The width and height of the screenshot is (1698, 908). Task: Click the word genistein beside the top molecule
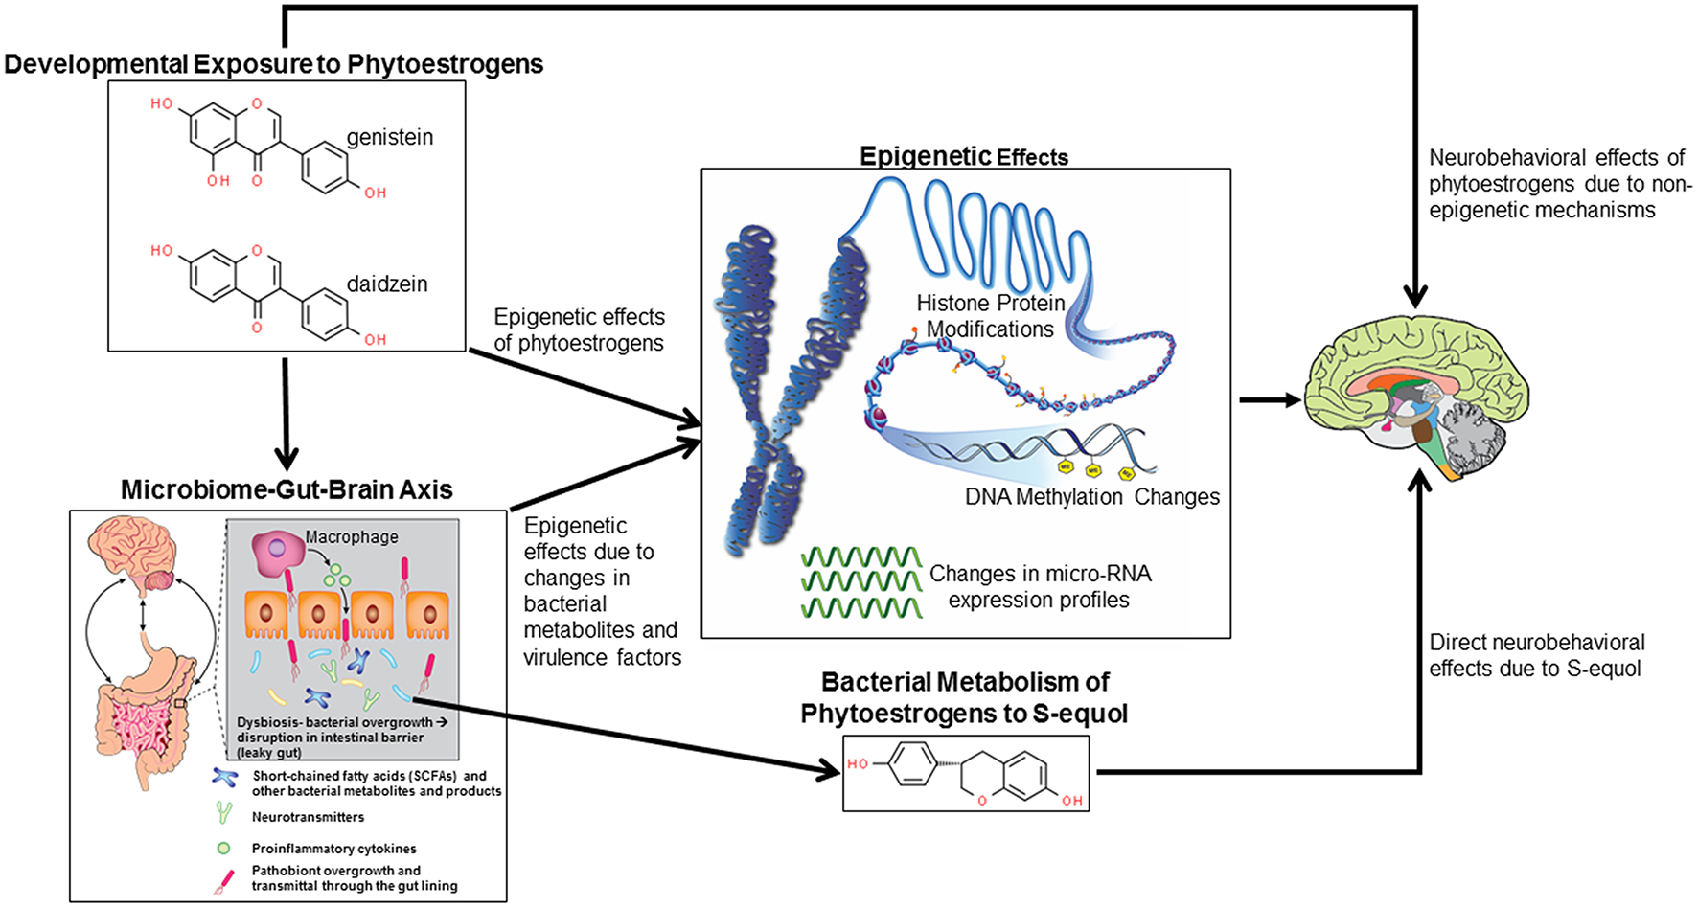389,137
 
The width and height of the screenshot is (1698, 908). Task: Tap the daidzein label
386,284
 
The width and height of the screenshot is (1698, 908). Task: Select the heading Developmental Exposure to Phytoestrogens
273,64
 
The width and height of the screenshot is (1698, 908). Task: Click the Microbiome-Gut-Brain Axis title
287,489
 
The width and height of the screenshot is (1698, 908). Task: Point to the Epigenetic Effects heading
963,156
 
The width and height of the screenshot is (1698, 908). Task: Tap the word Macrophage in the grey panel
352,537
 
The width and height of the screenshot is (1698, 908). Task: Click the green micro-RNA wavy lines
860,581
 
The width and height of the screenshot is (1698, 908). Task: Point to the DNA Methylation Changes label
1091,497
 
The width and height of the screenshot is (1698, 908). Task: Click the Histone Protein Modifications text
990,316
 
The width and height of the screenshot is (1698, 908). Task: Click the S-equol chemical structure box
965,773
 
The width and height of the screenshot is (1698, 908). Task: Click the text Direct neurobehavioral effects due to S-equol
1536,655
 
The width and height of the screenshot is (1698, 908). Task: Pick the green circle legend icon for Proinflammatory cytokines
224,848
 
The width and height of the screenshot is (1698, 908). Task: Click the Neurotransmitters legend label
308,817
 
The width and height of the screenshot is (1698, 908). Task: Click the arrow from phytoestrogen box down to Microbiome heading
286,412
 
